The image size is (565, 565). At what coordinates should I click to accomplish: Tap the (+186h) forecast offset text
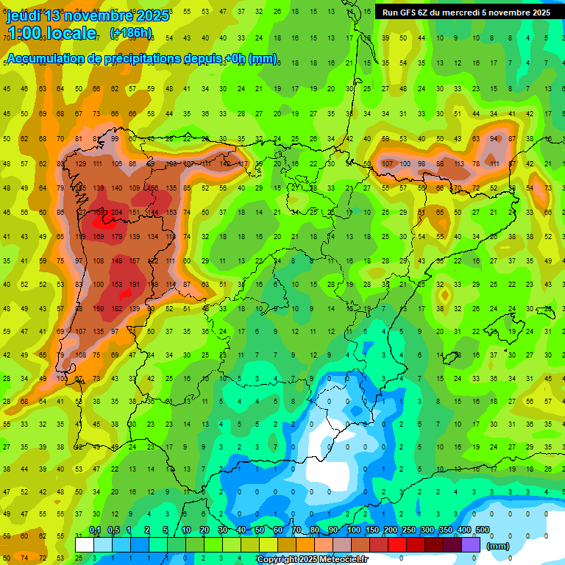(131, 33)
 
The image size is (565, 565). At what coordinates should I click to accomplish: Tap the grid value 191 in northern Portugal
(135, 285)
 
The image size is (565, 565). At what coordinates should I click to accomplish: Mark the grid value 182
(116, 309)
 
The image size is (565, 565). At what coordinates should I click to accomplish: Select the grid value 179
(116, 236)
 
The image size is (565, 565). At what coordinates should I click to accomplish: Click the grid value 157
(135, 260)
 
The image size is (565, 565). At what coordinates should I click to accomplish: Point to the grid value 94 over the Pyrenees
(494, 139)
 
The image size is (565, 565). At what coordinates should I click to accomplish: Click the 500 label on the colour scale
(482, 530)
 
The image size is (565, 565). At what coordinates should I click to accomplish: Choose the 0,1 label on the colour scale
(95, 530)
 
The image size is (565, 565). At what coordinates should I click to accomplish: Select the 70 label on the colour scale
(296, 530)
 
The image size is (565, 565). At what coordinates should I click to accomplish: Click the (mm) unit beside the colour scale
(499, 546)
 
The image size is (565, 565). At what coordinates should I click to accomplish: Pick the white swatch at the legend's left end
(85, 544)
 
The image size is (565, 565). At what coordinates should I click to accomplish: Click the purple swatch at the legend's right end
(472, 544)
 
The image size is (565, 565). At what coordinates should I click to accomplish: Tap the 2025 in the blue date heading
(152, 15)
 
